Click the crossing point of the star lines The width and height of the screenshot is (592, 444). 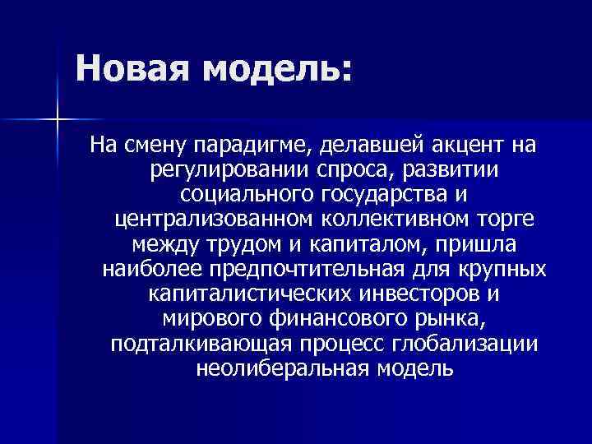click(x=58, y=121)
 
